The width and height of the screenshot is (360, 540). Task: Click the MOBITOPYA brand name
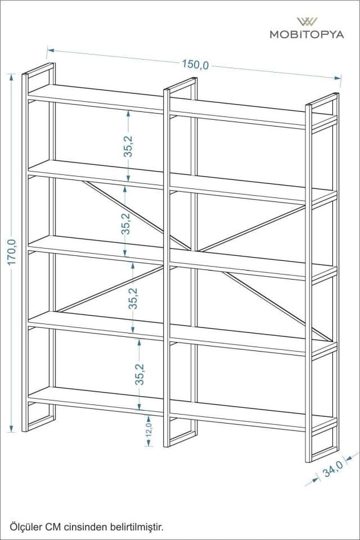pyautogui.click(x=307, y=34)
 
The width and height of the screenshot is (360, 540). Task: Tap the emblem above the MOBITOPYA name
pyautogui.click(x=307, y=22)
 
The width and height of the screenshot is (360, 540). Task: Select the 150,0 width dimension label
pyautogui.click(x=195, y=64)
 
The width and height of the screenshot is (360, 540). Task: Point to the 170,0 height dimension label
pyautogui.click(x=12, y=252)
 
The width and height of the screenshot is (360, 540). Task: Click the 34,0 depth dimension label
pyautogui.click(x=333, y=469)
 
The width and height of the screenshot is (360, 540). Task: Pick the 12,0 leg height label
pyautogui.click(x=149, y=430)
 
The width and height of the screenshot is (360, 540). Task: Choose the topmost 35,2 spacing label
pyautogui.click(x=128, y=146)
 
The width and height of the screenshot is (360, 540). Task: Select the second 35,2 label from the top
pyautogui.click(x=125, y=224)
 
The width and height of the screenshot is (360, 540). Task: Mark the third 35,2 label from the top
pyautogui.click(x=133, y=298)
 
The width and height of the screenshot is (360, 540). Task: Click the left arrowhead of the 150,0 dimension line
pyautogui.click(x=50, y=50)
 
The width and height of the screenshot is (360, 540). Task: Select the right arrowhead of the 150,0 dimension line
pyautogui.click(x=337, y=78)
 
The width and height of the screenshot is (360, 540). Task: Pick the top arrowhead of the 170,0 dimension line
pyautogui.click(x=12, y=77)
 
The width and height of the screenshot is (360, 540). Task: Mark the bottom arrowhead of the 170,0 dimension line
pyautogui.click(x=12, y=428)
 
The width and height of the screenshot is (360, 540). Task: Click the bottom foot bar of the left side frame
pyautogui.click(x=40, y=423)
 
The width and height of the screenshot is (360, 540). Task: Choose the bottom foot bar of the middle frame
pyautogui.click(x=183, y=438)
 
